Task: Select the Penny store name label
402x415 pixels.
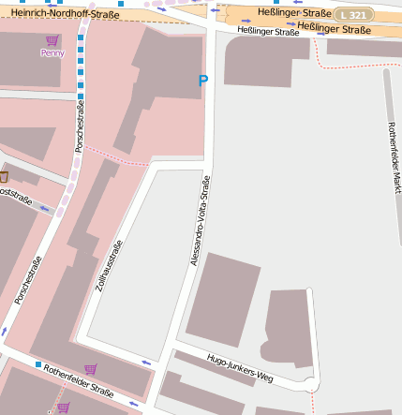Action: click(x=52, y=53)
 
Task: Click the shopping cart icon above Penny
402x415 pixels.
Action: click(x=52, y=41)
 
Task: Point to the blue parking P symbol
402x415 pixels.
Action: click(x=202, y=82)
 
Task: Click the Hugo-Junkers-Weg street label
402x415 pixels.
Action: click(x=239, y=368)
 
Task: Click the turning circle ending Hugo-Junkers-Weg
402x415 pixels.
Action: click(x=311, y=384)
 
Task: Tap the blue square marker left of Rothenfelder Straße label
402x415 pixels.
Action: click(x=38, y=363)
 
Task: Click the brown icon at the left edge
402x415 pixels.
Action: click(x=4, y=176)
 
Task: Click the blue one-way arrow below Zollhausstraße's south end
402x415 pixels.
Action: click(x=145, y=362)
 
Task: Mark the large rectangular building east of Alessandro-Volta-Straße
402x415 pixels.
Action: click(x=223, y=299)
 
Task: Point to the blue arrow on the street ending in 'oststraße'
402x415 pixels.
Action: click(x=46, y=209)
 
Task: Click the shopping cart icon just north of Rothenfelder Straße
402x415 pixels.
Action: click(x=91, y=369)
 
